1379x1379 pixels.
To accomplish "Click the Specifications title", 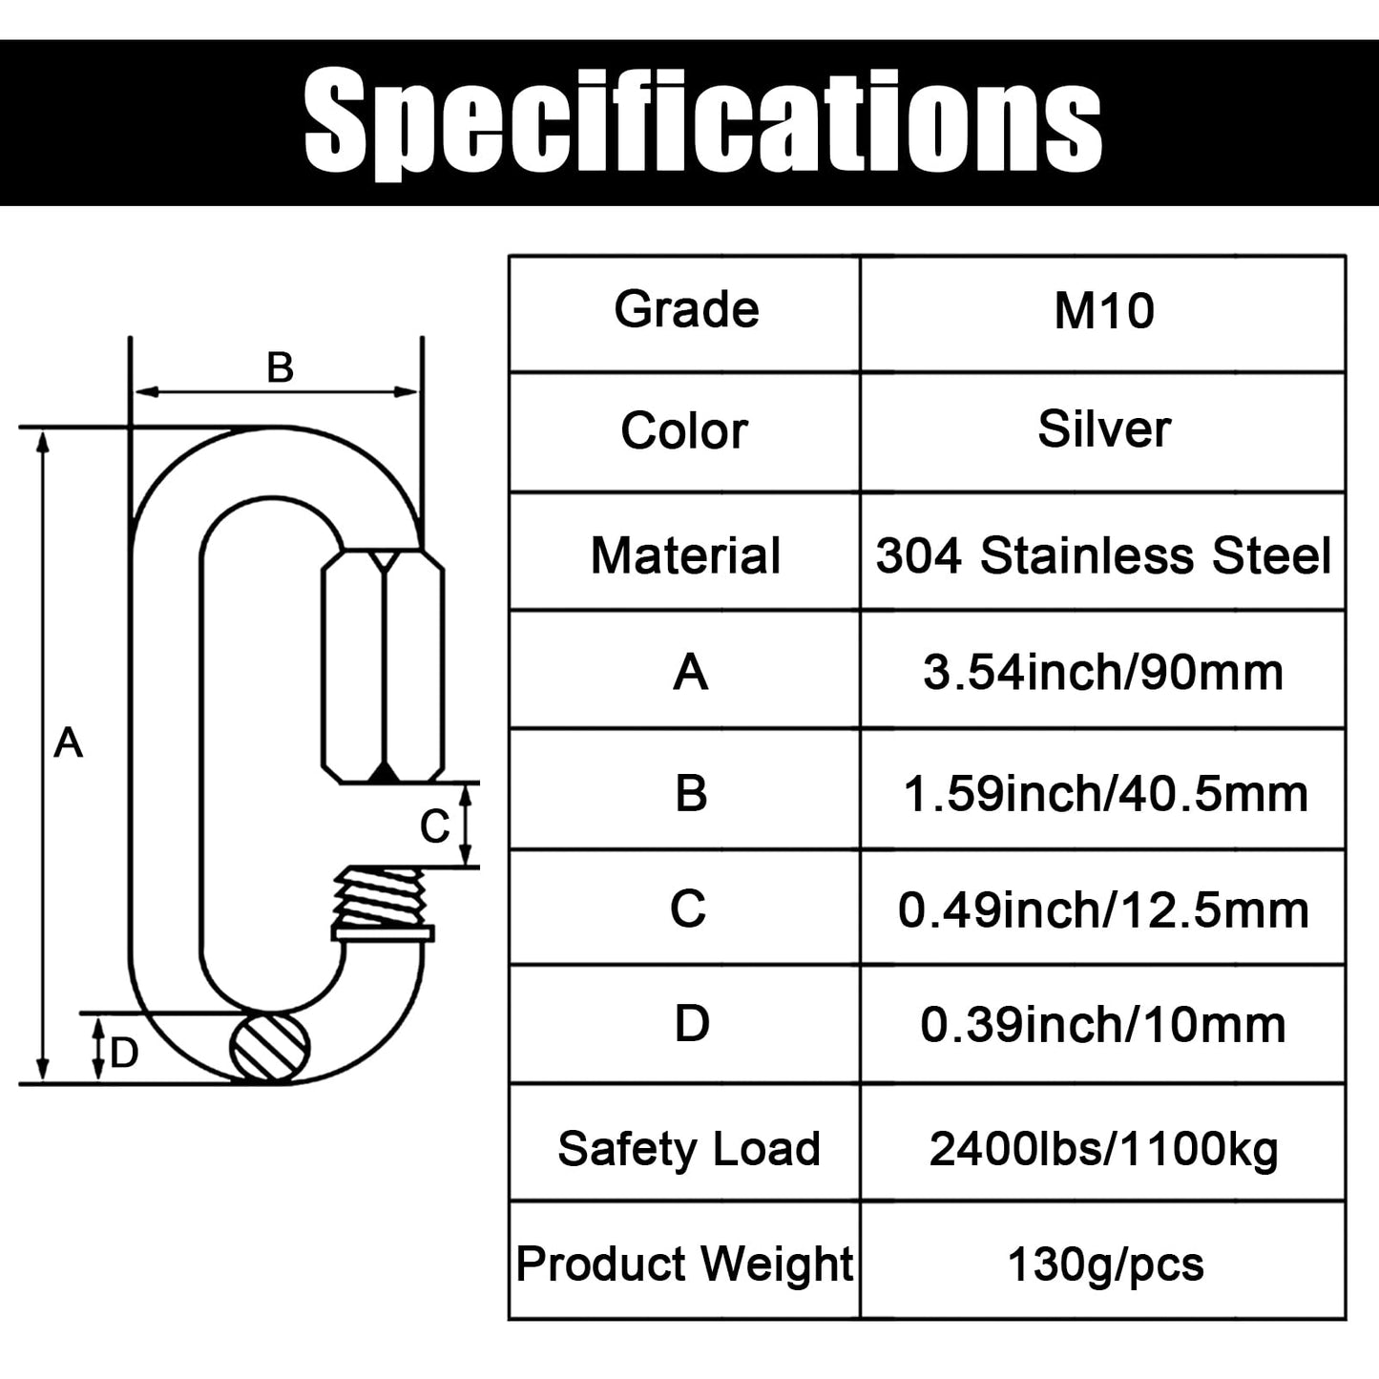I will tap(703, 122).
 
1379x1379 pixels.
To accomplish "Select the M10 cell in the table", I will tap(1103, 311).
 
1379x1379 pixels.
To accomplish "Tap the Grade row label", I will tap(686, 309).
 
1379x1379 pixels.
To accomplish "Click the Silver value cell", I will tap(1103, 429).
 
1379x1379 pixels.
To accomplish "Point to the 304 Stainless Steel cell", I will tap(1103, 554).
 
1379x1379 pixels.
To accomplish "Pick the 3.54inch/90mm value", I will tap(1103, 673).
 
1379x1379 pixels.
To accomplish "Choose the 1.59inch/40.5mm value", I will tap(1103, 793).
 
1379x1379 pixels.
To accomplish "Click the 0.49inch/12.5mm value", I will tap(1103, 909).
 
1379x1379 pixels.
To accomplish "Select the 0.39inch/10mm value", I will tap(1103, 1025).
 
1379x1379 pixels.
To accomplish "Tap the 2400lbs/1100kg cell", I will tap(1103, 1149).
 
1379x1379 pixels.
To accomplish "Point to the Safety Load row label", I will tap(688, 1148).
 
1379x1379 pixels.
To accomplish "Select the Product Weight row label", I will tap(684, 1264).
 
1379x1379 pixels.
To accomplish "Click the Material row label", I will tap(685, 554).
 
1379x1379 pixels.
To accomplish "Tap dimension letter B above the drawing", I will tap(280, 367).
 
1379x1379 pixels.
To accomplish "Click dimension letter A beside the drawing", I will tap(68, 742).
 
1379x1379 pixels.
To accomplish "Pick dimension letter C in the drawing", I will tap(434, 826).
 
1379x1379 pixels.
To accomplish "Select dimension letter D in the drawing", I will tap(124, 1053).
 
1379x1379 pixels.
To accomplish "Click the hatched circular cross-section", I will tap(270, 1048).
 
